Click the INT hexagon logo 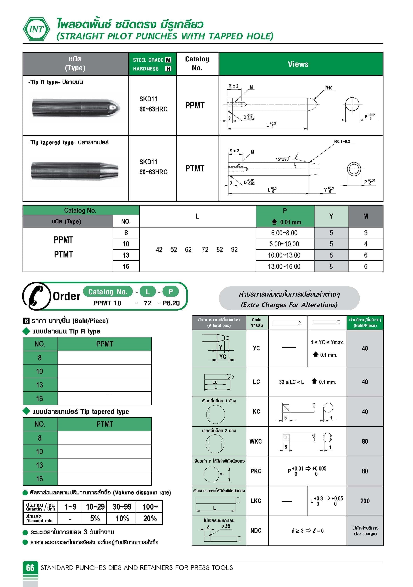tap(36, 29)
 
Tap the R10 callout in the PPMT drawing tap(328, 88)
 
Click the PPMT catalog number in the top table tap(195, 105)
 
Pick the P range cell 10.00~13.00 tap(284, 255)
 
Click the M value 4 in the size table tap(366, 244)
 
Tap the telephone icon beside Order tap(36, 296)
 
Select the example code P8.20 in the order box tap(171, 303)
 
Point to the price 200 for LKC tap(365, 501)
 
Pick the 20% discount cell tap(150, 518)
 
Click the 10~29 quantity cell tap(95, 507)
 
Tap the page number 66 tap(30, 568)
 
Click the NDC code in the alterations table tap(256, 531)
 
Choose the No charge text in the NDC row tap(365, 534)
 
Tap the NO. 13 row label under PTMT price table tap(40, 465)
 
